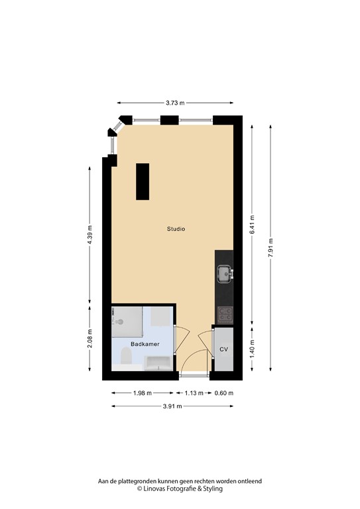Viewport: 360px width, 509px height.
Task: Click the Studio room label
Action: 176,229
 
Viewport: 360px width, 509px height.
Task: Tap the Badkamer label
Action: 143,345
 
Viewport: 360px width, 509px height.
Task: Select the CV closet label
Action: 223,349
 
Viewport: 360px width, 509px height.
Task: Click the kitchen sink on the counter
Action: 225,272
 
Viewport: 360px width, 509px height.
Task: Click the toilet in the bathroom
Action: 125,359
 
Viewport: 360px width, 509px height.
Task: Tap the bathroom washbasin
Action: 158,362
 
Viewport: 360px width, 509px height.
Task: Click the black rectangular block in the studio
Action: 143,181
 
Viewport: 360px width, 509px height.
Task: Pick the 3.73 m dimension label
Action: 175,103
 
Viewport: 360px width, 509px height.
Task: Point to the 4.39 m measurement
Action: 90,235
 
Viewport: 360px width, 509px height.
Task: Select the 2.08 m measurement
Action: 90,340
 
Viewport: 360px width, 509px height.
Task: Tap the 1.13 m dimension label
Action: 194,393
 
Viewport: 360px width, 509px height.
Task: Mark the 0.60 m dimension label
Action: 224,393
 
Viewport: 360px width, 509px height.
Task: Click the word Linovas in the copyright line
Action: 158,489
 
